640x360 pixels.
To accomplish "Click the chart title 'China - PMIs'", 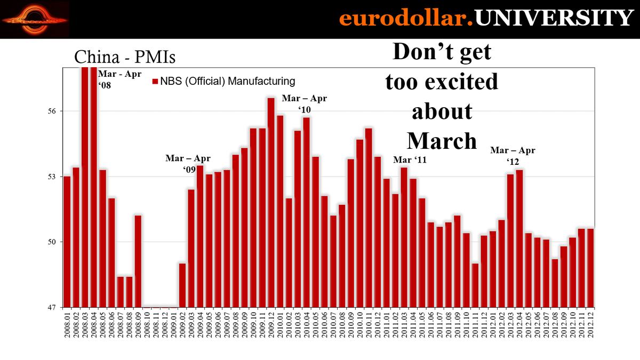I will click(x=124, y=57).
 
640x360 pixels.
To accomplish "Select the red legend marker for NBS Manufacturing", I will click(x=156, y=82).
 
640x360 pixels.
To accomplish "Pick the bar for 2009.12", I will click(x=271, y=203).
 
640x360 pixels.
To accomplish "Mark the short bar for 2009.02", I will click(x=182, y=285).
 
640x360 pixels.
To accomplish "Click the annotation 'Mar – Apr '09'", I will click(x=188, y=164).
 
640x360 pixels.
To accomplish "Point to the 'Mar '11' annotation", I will click(x=410, y=159).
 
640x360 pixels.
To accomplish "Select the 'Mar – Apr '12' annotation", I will click(x=513, y=156).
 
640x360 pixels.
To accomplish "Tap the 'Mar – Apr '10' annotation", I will click(x=304, y=103).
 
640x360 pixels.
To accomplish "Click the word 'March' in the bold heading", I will click(x=442, y=140).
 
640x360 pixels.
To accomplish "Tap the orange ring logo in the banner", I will click(x=35, y=20).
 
